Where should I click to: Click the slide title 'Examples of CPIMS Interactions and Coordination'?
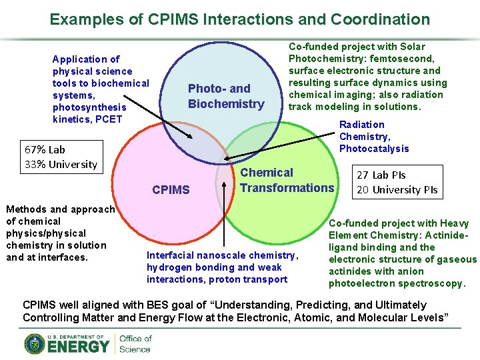240,19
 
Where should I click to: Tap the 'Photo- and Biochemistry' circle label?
226,96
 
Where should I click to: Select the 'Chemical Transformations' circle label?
287,181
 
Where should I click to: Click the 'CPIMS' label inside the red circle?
171,190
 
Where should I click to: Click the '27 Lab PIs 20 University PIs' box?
398,182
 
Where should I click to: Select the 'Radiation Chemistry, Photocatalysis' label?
373,136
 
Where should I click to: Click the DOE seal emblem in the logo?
35,343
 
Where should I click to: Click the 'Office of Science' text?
135,344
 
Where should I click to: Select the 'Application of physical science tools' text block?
100,89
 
